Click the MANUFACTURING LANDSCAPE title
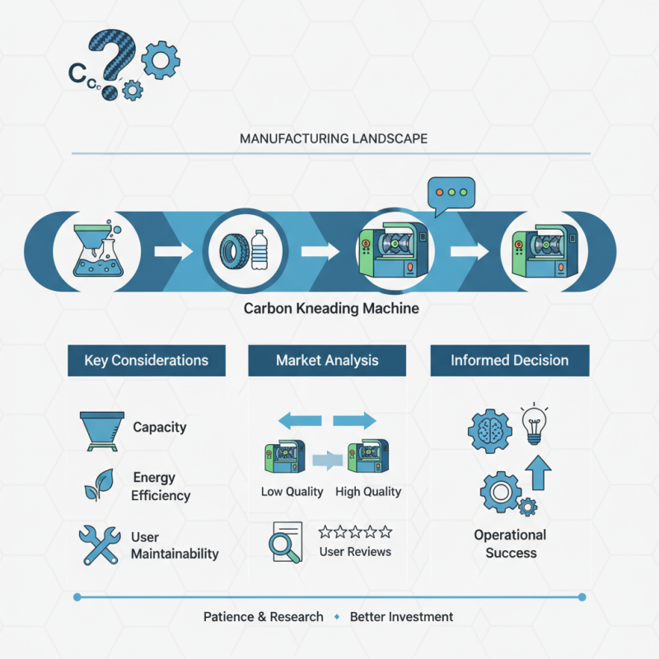coord(334,138)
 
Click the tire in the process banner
coord(231,252)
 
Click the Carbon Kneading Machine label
coord(331,308)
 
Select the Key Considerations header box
coord(147,361)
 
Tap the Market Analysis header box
coord(327,361)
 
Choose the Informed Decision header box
coord(510,361)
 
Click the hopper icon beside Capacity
coord(102,432)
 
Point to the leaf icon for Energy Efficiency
coord(100,485)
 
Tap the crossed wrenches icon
coord(100,545)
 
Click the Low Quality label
coord(292,492)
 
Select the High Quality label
coord(368,492)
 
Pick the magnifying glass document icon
coord(286,542)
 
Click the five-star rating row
coord(355,532)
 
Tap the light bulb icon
coord(534,424)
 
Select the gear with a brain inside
coord(490,431)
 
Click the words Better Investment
coord(401,617)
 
